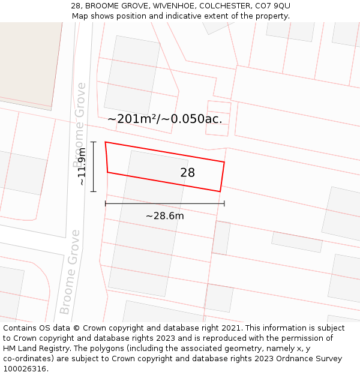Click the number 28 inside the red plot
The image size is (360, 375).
pyautogui.click(x=187, y=173)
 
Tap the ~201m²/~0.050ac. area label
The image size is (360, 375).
pyautogui.click(x=164, y=119)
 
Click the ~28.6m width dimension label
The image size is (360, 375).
pyautogui.click(x=165, y=216)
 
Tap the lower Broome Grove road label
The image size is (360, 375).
pyautogui.click(x=70, y=271)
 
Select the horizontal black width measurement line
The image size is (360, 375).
pyautogui.click(x=165, y=203)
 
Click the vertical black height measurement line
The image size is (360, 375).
pyautogui.click(x=94, y=167)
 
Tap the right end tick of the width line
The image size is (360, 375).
pyautogui.click(x=224, y=203)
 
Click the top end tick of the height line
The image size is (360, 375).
pyautogui.click(x=94, y=142)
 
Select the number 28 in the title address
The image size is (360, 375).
pyautogui.click(x=76, y=6)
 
